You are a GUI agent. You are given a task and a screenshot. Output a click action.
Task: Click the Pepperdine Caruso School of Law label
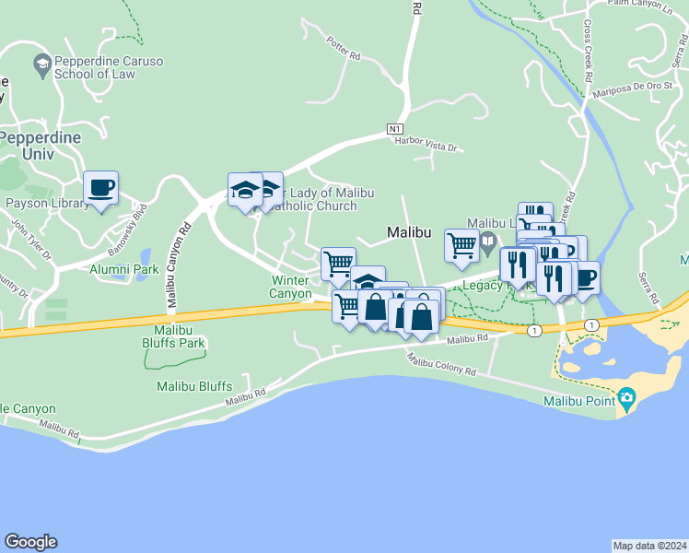coord(109,67)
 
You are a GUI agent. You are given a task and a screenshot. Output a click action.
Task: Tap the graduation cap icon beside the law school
coord(41,64)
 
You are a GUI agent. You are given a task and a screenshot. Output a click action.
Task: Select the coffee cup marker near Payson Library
coord(100,188)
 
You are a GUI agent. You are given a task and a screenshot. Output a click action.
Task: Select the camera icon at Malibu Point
coord(627,400)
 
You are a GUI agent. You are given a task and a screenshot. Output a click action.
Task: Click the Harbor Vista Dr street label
coord(426,143)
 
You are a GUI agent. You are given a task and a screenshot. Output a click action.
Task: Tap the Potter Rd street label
coord(343,49)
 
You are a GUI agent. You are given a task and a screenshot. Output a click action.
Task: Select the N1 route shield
coord(395,128)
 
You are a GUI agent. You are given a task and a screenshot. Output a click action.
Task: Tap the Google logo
coord(30,542)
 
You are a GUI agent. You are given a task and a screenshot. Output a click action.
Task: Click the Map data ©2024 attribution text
coord(648,546)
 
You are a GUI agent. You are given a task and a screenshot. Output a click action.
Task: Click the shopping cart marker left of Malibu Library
coord(461,244)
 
